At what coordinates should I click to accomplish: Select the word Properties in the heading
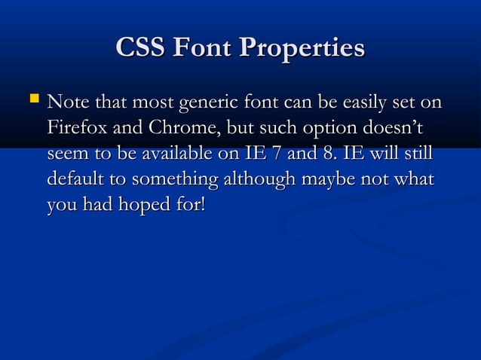click(302, 50)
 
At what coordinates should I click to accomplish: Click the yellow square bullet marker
click(31, 99)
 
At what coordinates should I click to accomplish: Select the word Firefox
click(77, 128)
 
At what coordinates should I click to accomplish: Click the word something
click(176, 182)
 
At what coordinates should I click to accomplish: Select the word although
click(259, 182)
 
